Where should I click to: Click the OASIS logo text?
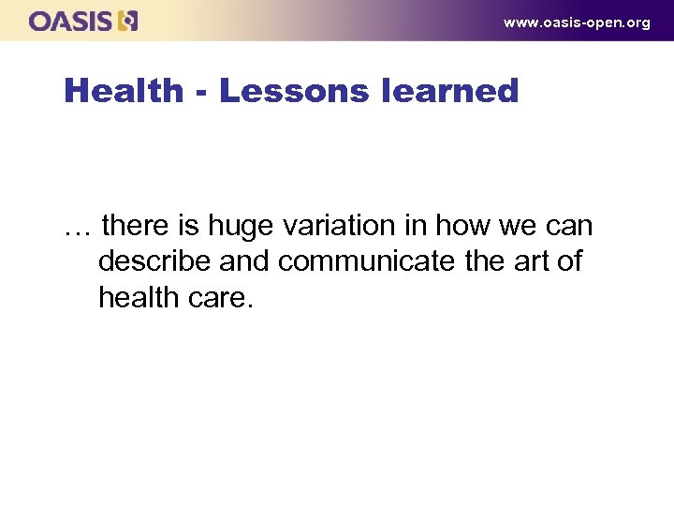pyautogui.click(x=71, y=21)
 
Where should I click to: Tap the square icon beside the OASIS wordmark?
pyautogui.click(x=128, y=21)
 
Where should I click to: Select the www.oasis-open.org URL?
pyautogui.click(x=576, y=22)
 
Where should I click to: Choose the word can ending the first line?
pyautogui.click(x=567, y=228)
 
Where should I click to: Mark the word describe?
pyautogui.click(x=154, y=261)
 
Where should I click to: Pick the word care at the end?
pyautogui.click(x=224, y=299)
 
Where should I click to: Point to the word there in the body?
pyautogui.click(x=139, y=226)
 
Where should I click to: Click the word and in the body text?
pyautogui.click(x=244, y=261)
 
